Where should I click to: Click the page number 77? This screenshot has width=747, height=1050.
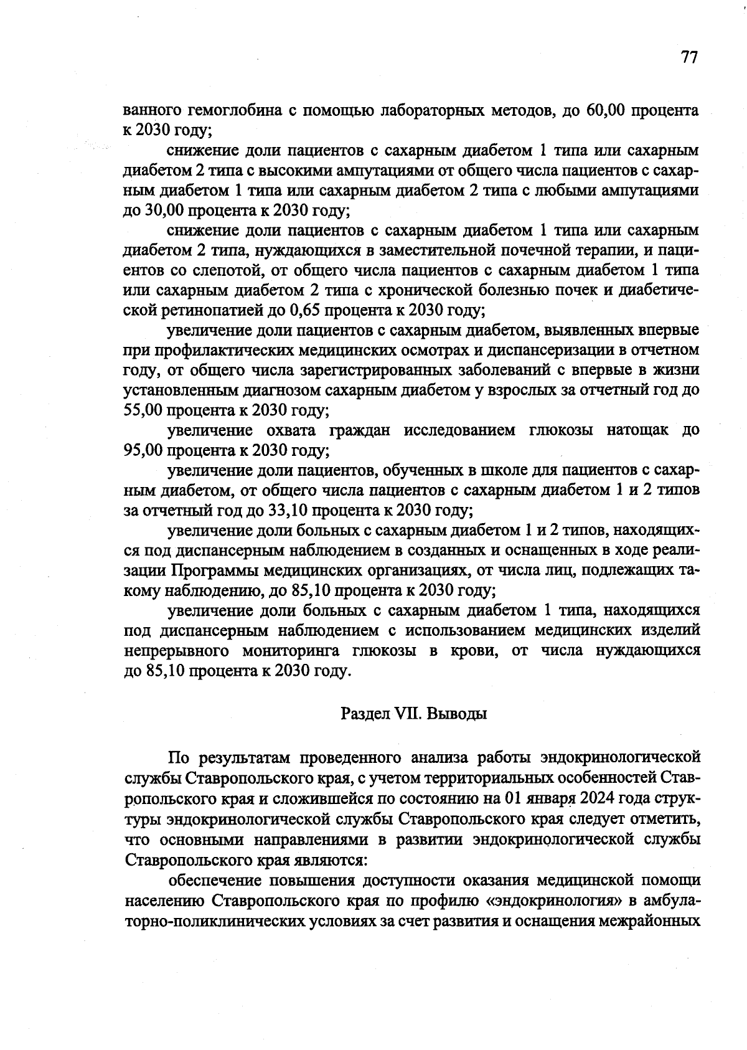(x=689, y=57)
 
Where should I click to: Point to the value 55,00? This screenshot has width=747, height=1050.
(x=144, y=410)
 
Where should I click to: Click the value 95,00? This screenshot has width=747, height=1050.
(x=144, y=450)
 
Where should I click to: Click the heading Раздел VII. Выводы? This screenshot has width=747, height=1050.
(x=413, y=713)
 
